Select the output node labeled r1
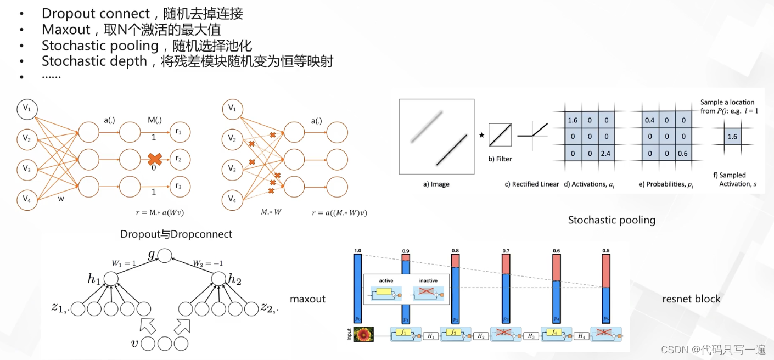pos(179,132)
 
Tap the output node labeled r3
pos(179,187)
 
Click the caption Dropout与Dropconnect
pos(176,234)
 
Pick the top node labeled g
pos(165,255)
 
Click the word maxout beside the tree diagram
pos(307,299)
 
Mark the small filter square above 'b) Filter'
pos(500,134)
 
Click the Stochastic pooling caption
pos(612,220)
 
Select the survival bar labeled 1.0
pos(358,288)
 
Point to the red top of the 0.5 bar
pos(607,271)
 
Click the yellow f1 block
pos(403,332)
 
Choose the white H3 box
pos(531,335)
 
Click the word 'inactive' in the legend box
pos(428,280)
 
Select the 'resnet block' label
pos(691,299)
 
